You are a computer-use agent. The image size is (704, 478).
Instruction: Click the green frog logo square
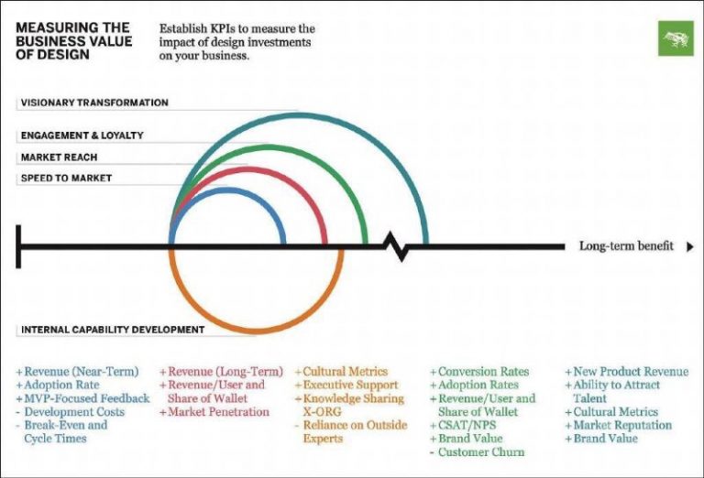point(676,38)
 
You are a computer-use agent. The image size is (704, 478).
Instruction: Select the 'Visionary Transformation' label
point(94,103)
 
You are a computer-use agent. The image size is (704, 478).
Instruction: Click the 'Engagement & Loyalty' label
point(82,136)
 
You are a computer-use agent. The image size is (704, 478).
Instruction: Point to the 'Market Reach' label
point(60,158)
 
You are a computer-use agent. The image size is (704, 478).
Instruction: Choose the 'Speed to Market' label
point(66,178)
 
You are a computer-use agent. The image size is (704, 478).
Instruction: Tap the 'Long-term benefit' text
point(626,246)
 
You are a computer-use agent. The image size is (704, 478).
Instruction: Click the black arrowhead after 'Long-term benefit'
point(690,246)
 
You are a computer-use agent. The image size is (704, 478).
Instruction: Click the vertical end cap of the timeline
point(18,245)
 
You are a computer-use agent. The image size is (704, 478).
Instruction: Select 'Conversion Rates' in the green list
point(483,372)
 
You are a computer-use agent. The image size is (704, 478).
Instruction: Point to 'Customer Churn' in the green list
point(482,452)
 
